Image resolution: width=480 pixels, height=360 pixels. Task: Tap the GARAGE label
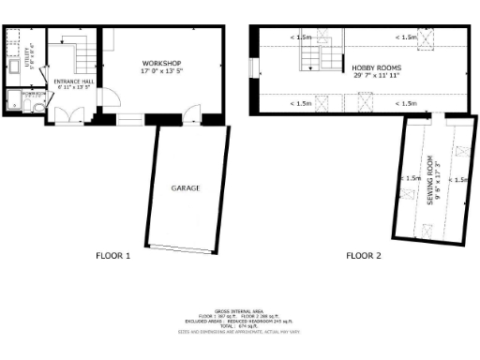tap(184, 187)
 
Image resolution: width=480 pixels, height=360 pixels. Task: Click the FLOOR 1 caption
tap(113, 255)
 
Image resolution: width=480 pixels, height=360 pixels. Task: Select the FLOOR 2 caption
tap(364, 255)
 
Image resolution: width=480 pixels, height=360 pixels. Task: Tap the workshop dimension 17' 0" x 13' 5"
tap(157, 69)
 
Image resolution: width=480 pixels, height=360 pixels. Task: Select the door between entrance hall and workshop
tap(106, 95)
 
